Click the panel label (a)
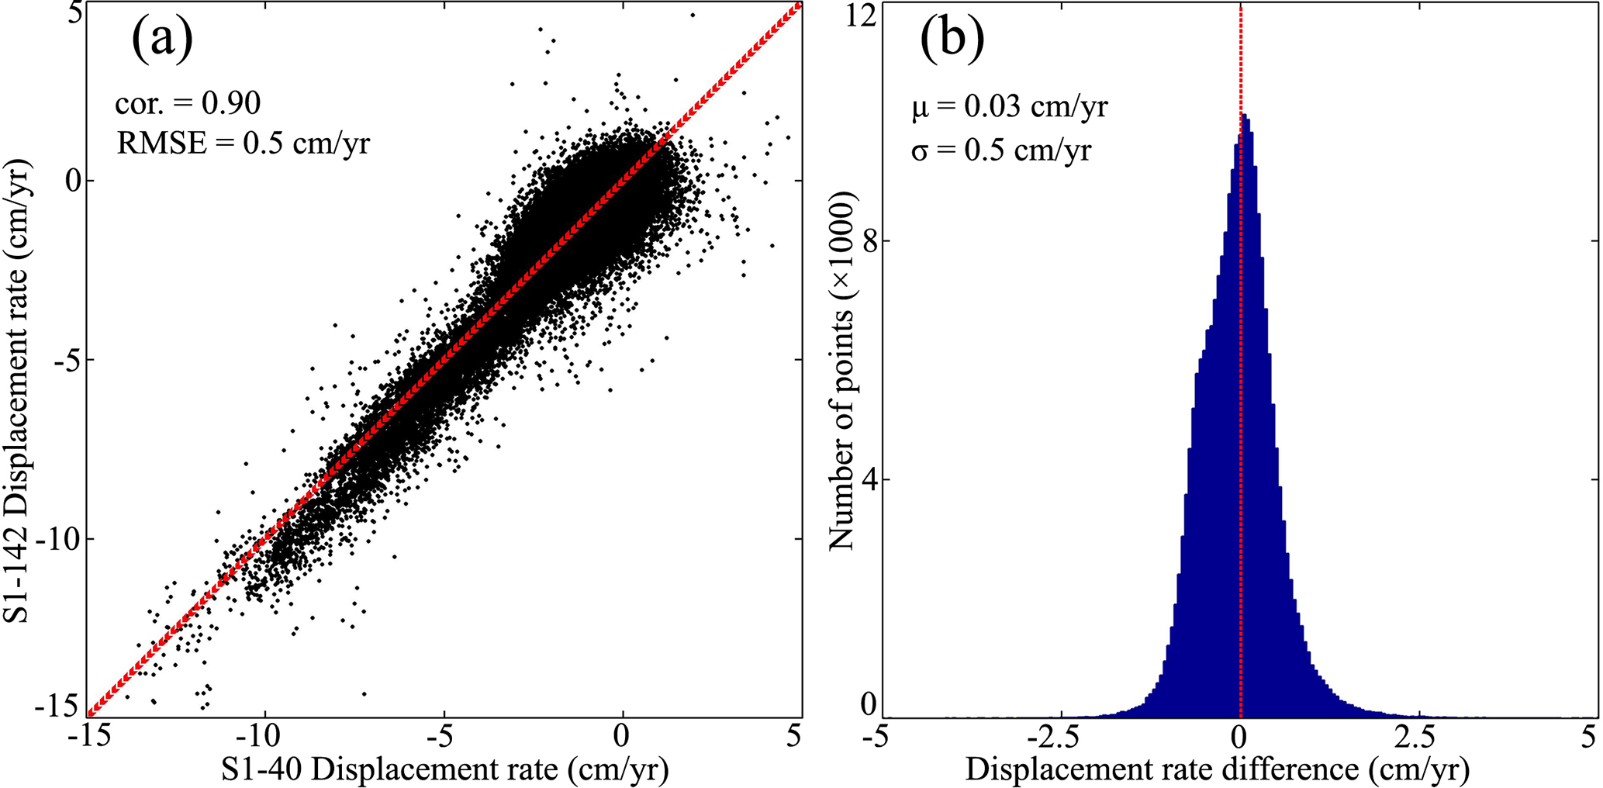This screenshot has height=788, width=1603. (162, 40)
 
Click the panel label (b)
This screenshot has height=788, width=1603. (952, 40)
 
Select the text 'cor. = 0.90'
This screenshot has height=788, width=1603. (188, 102)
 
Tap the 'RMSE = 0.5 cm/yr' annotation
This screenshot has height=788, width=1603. (244, 143)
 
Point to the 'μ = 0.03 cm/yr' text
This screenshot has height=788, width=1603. (1010, 106)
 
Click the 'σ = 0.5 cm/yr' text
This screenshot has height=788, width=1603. (1001, 149)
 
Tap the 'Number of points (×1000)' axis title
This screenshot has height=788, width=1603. (841, 371)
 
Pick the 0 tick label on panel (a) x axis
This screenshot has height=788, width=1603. (622, 736)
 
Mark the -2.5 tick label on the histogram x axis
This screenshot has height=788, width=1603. (1057, 736)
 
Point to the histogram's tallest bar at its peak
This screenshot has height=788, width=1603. (1245, 116)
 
